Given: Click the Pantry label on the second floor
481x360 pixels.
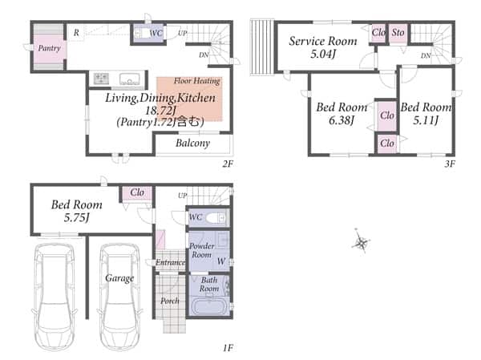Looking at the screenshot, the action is pyautogui.click(x=49, y=48).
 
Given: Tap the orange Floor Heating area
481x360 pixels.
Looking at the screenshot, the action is pyautogui.click(x=189, y=99).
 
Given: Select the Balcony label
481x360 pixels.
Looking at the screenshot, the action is pyautogui.click(x=192, y=143).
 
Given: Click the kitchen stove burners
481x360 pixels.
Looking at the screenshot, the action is pyautogui.click(x=101, y=79).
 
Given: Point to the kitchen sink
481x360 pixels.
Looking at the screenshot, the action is pyautogui.click(x=129, y=79).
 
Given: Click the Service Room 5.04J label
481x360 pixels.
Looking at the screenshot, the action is pyautogui.click(x=323, y=47).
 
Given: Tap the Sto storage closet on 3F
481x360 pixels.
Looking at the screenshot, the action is pyautogui.click(x=398, y=33).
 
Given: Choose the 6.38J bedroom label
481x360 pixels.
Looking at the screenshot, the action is pyautogui.click(x=342, y=113).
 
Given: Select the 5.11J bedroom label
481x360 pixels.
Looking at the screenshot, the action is pyautogui.click(x=426, y=113).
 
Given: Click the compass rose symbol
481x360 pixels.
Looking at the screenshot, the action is pyautogui.click(x=361, y=241).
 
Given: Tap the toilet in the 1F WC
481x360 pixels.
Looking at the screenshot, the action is pyautogui.click(x=215, y=218).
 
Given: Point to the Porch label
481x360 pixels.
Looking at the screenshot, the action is pyautogui.click(x=170, y=301).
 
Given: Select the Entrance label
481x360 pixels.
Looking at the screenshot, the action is pyautogui.click(x=170, y=262).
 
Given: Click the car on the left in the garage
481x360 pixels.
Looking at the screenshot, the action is pyautogui.click(x=54, y=297).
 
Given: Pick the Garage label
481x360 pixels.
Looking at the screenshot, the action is pyautogui.click(x=119, y=278).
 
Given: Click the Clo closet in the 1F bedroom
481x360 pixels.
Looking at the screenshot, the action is pyautogui.click(x=137, y=193).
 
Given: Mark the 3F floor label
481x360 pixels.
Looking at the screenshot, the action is pyautogui.click(x=450, y=164).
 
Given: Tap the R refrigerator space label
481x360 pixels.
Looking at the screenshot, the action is pyautogui.click(x=76, y=32).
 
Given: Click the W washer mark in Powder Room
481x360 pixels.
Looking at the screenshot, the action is pyautogui.click(x=221, y=261).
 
